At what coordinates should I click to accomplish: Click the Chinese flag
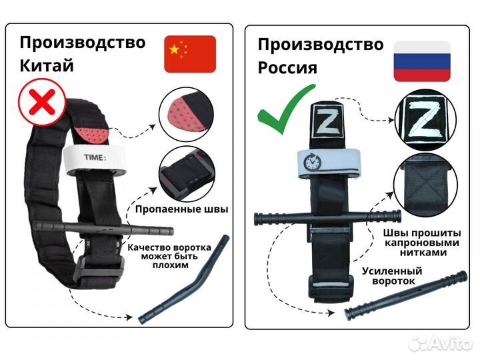189,54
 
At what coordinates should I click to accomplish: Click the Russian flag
421,61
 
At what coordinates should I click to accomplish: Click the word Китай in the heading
47,65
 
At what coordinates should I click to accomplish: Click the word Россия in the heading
288,67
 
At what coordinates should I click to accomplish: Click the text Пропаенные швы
181,209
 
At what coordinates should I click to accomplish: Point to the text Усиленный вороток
393,276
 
